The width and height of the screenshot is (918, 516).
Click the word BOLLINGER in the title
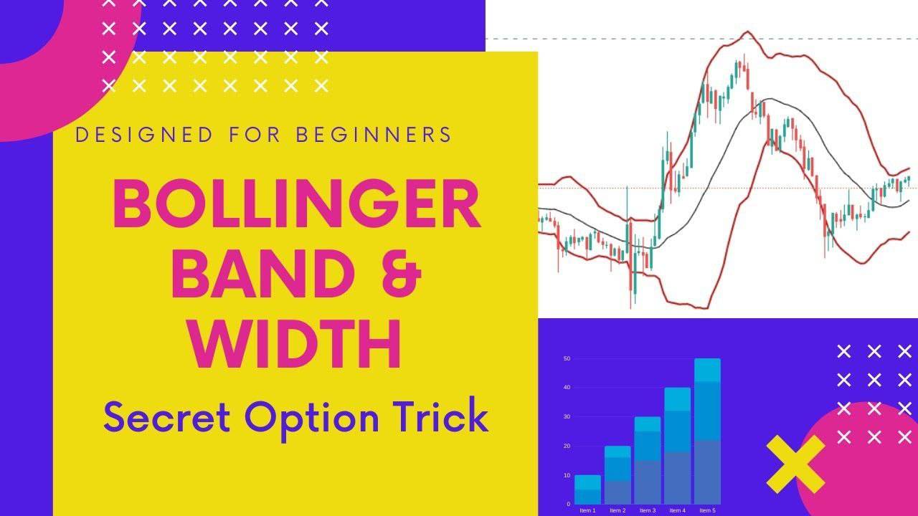[296, 205]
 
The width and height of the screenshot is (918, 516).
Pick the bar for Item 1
[587, 489]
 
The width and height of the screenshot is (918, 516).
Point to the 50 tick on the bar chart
[567, 358]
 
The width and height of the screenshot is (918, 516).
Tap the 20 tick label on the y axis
[567, 446]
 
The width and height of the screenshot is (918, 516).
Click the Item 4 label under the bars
[677, 510]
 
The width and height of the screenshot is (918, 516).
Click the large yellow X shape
[795, 464]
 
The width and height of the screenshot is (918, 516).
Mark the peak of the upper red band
[748, 32]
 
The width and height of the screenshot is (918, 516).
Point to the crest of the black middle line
[769, 99]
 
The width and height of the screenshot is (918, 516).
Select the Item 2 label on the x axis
[617, 510]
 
